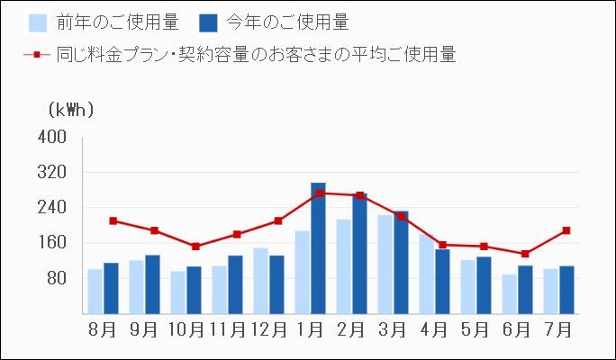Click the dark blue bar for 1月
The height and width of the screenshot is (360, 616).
(318, 248)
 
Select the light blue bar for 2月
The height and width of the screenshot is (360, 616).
(343, 266)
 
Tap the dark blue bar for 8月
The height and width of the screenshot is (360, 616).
(111, 288)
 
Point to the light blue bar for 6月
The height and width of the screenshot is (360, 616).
(509, 294)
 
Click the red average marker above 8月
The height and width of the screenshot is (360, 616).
(113, 220)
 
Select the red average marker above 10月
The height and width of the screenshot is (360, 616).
(195, 246)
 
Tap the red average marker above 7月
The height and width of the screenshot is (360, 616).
(566, 230)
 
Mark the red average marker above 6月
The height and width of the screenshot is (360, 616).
(525, 254)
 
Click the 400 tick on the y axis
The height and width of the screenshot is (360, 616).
(53, 138)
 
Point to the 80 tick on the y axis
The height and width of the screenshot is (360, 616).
(57, 278)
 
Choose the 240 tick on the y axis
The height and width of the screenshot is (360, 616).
(53, 208)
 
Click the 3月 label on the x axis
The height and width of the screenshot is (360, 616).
(393, 329)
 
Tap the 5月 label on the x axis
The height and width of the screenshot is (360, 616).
(476, 329)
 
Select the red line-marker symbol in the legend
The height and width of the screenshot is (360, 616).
(37, 55)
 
